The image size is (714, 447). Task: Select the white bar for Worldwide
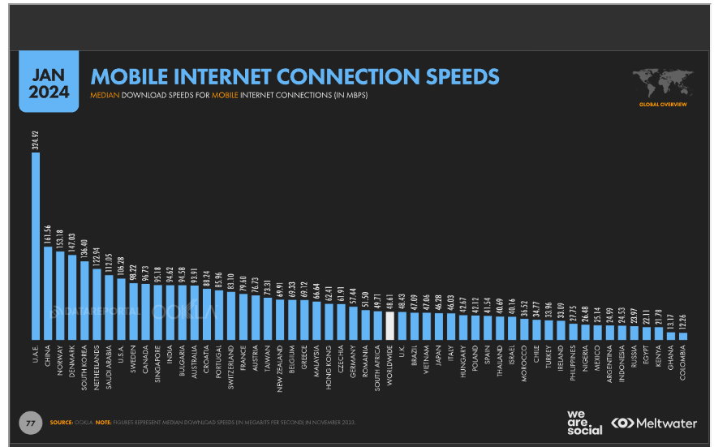click(389, 325)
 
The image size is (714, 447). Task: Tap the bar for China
click(48, 292)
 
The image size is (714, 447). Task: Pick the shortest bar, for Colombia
click(682, 335)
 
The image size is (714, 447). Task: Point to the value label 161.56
click(48, 235)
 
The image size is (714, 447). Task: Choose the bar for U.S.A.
click(121, 308)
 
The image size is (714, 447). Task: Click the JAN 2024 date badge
click(49, 82)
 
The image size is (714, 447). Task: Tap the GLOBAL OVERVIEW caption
click(662, 105)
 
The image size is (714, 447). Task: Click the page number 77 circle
click(30, 423)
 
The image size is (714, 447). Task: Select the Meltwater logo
click(654, 423)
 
